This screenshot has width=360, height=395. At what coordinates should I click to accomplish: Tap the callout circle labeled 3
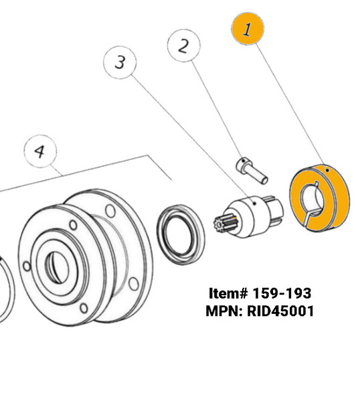coord(120,64)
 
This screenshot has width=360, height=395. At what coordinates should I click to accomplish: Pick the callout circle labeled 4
coord(40,151)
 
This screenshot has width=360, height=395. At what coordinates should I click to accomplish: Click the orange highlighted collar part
coord(338,201)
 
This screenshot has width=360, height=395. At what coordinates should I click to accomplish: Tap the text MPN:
coord(226,311)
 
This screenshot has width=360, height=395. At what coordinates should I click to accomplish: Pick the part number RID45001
coord(280,311)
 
